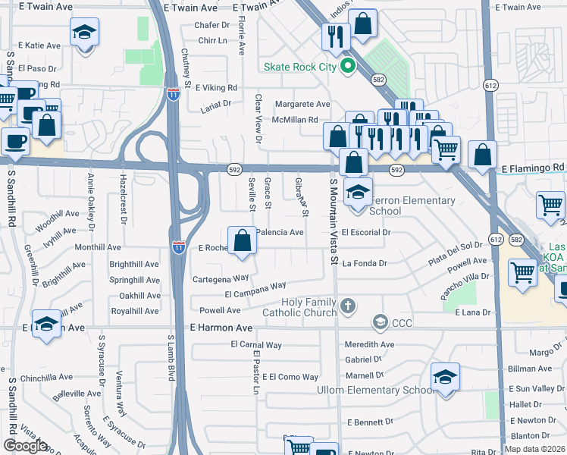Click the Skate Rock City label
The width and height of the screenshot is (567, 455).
(299, 67)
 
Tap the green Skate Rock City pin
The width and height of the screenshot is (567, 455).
(348, 67)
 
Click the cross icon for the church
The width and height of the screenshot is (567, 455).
(348, 306)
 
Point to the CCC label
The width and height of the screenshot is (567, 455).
(402, 324)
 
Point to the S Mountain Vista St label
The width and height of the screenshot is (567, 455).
(333, 221)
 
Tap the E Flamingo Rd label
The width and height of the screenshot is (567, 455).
(532, 167)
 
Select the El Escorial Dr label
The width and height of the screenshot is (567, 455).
(365, 233)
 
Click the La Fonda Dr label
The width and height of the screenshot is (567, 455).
(365, 264)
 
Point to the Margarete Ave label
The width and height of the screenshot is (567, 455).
(302, 104)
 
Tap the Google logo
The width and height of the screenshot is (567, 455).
(25, 446)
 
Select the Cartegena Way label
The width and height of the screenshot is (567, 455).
(220, 278)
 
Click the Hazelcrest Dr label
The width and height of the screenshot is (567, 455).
(122, 199)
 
